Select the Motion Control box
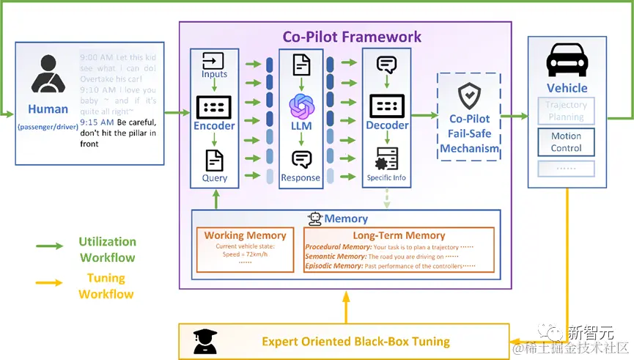pos(566,142)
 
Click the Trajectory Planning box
pos(566,111)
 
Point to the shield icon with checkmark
pos(468,96)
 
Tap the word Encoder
pos(213,125)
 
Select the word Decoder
pos(387,125)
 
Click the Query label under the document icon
pos(214,177)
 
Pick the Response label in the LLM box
pos(301,177)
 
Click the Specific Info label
pos(386,177)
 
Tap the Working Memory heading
pos(245,235)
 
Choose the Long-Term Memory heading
pos(399,235)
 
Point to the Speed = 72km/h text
pos(246,254)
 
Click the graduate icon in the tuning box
pos(202,340)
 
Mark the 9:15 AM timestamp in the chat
pos(97,122)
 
